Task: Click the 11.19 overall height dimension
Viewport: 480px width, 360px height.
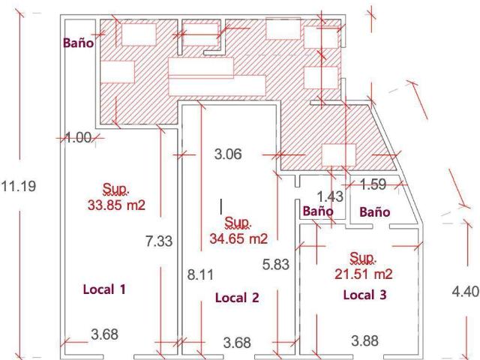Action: pos(19,186)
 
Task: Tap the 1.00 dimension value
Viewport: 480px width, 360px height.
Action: pos(79,137)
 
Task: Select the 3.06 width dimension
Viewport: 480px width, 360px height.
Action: pos(228,154)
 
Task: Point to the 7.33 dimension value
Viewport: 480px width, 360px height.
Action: pos(159,241)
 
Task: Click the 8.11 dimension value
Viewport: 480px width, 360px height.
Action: pos(200,274)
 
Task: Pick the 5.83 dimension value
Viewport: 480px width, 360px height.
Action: pos(276,264)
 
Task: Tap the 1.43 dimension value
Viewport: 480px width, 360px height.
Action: pos(330,196)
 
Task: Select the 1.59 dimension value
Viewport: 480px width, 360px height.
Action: pos(373,184)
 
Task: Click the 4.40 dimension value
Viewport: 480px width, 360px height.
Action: pos(466,291)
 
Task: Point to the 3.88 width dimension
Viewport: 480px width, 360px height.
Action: pos(365,340)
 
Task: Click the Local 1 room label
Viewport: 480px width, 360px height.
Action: pos(104,289)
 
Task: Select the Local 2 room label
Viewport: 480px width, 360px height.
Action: pos(237,298)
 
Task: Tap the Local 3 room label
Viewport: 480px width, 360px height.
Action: pos(365,295)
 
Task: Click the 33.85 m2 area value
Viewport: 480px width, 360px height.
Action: pos(116,205)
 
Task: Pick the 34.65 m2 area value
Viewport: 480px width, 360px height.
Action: pos(238,238)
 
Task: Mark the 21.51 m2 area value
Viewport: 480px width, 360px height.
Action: pos(363,274)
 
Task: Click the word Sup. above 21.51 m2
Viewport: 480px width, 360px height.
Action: pos(363,258)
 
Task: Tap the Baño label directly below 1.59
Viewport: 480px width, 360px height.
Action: pos(375,211)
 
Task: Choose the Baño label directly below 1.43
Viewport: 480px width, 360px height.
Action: pos(318,211)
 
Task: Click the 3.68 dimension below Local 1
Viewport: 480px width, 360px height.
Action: pos(104,334)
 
